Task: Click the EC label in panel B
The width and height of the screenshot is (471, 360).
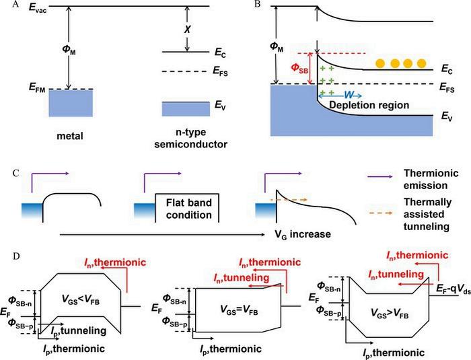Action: pos(447,69)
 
